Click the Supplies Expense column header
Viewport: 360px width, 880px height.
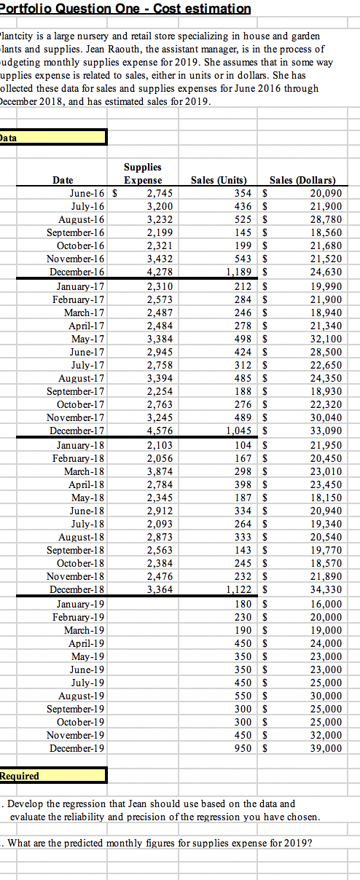(x=143, y=173)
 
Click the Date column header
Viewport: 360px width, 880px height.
(x=67, y=180)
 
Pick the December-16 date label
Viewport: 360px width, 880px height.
(x=80, y=271)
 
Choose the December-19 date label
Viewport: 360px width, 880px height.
(x=80, y=747)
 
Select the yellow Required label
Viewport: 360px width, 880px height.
(x=20, y=776)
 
